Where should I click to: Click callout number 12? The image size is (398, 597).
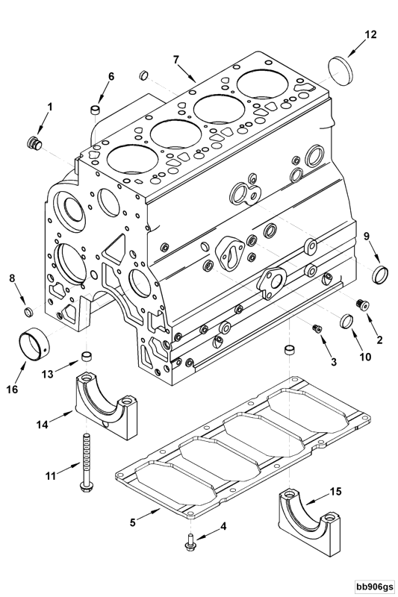tap(370, 34)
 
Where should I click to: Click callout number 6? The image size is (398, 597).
tap(111, 76)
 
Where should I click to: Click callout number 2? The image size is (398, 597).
tap(379, 340)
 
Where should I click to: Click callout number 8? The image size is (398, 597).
tap(11, 278)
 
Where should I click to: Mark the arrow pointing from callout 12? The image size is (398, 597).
tap(355, 49)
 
